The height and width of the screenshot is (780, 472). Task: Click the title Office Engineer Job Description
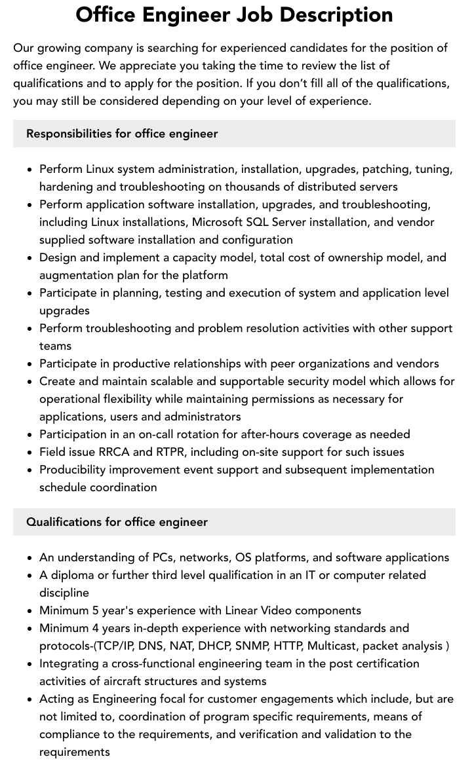[234, 14]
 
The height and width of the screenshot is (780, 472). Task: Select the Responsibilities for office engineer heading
[122, 134]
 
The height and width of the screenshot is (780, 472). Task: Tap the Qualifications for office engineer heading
[117, 522]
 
